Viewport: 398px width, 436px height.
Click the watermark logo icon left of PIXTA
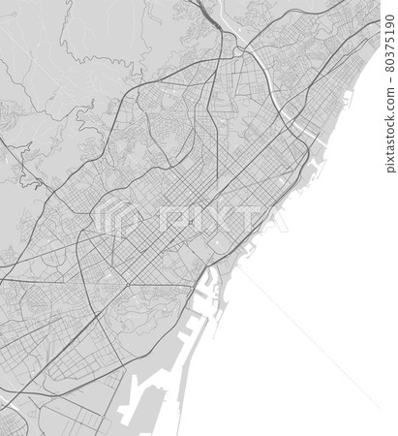[127, 219]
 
